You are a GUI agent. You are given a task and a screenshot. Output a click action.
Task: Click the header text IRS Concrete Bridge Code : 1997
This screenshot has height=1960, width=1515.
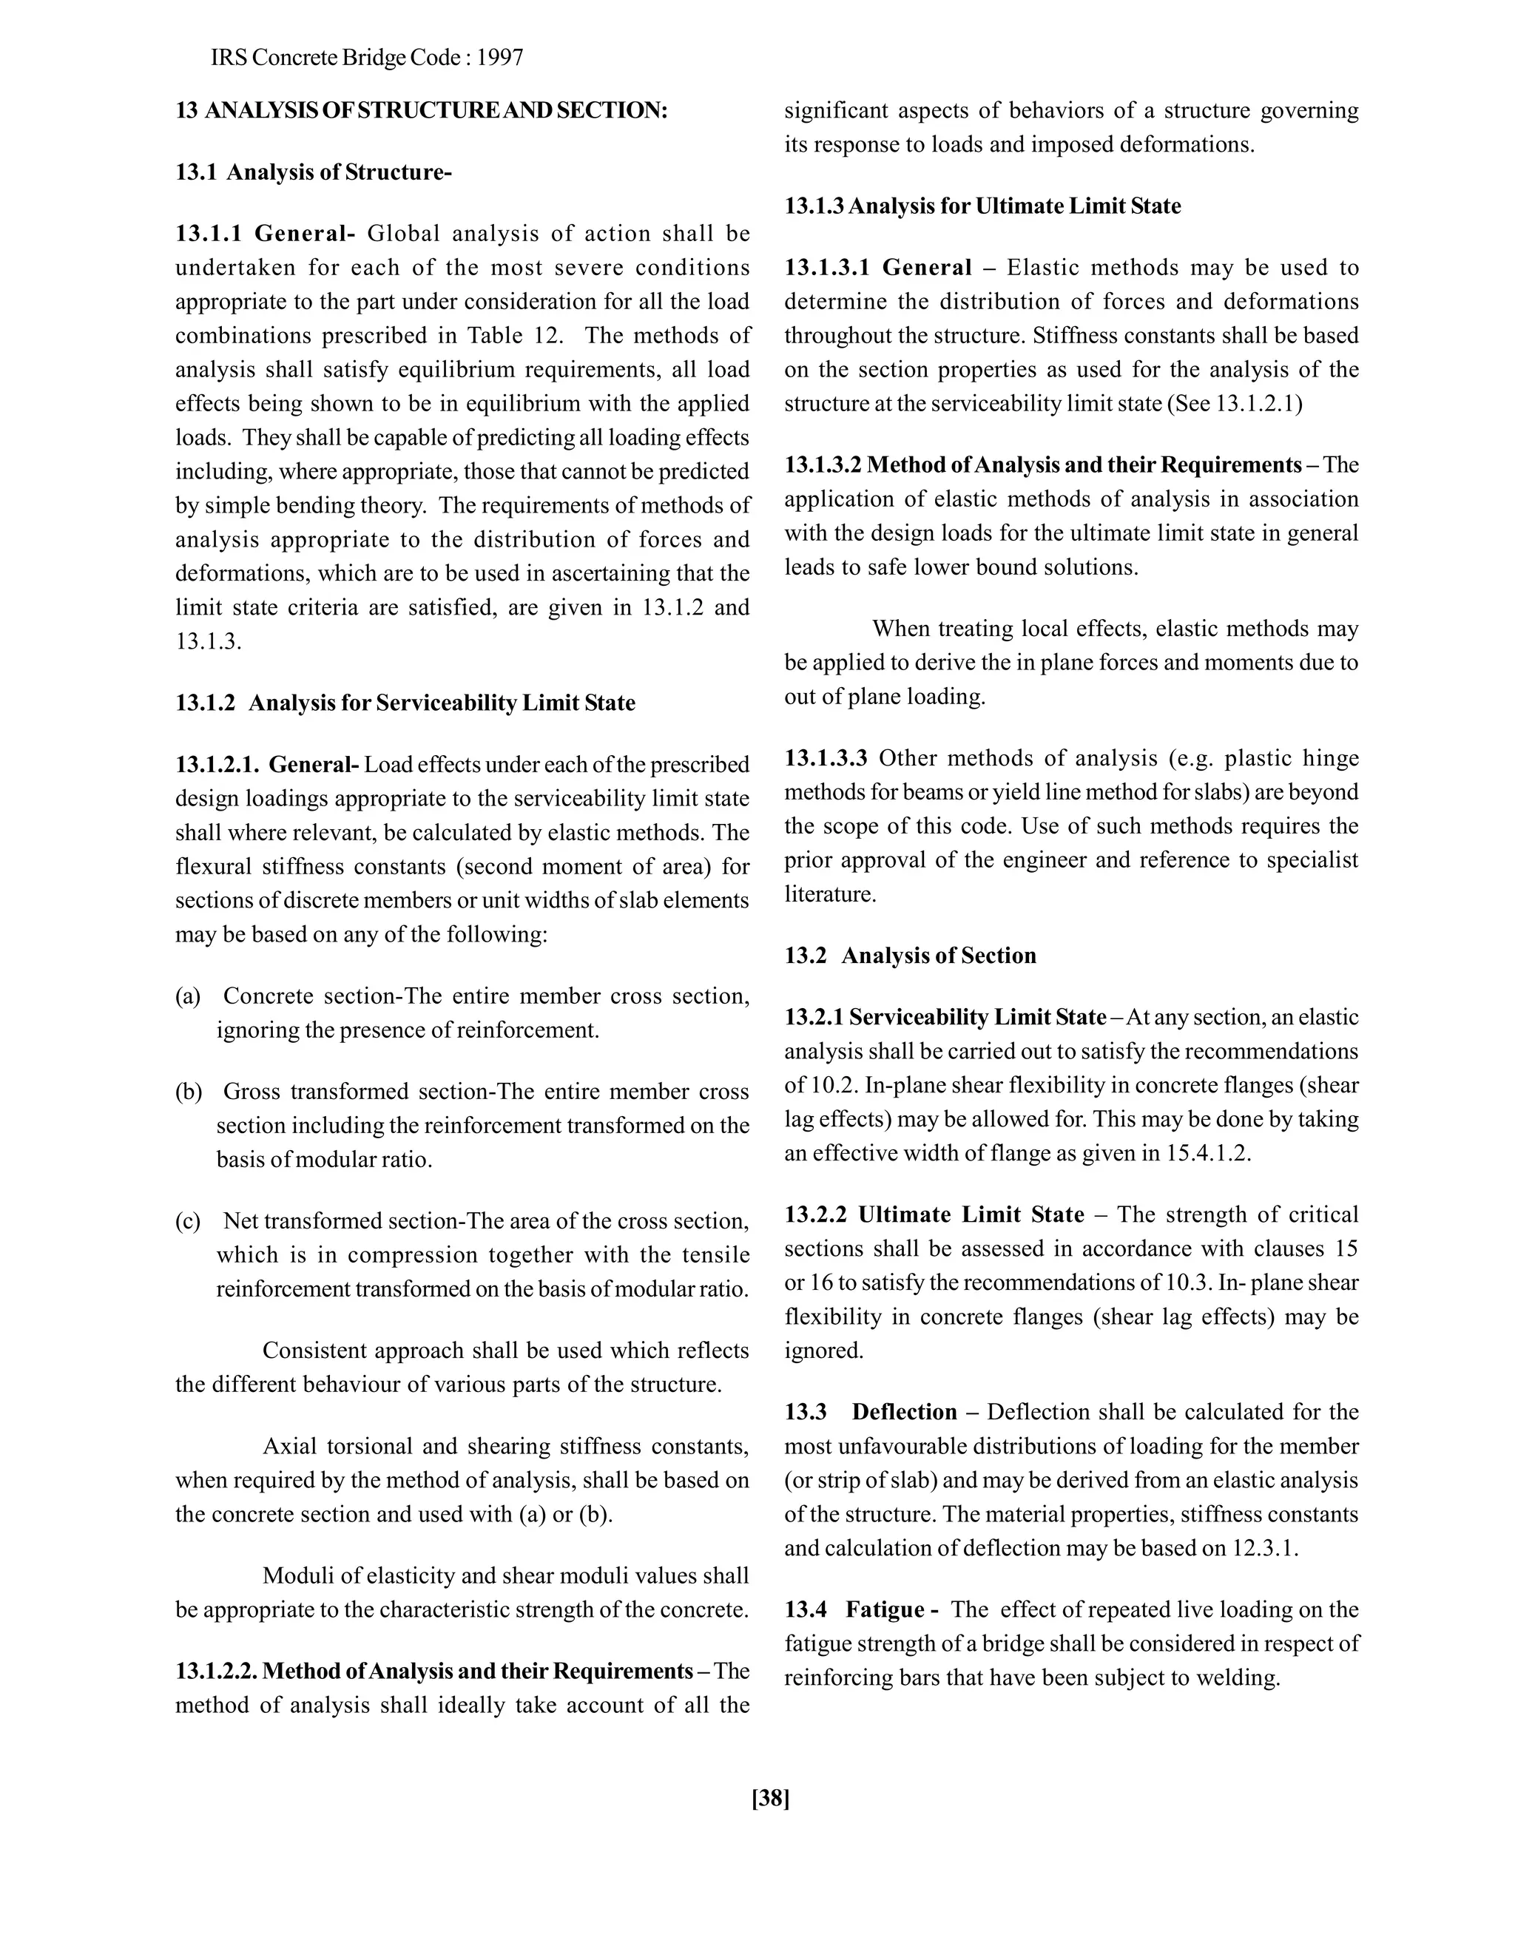(367, 58)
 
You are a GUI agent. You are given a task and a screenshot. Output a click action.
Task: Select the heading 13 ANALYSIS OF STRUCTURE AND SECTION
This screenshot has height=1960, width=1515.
(421, 110)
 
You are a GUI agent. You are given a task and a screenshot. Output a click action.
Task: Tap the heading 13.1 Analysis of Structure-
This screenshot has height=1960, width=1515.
(313, 172)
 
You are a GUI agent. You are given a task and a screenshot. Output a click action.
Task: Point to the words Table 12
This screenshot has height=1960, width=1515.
(513, 336)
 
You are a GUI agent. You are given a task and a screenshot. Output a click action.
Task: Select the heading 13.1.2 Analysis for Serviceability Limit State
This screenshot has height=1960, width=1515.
(405, 703)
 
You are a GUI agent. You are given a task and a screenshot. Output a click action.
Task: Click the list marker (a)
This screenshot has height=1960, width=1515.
(188, 996)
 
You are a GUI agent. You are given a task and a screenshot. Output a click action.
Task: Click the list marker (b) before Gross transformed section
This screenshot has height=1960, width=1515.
(189, 1092)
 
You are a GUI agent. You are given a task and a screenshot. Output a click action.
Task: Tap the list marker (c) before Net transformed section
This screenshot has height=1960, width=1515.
(188, 1221)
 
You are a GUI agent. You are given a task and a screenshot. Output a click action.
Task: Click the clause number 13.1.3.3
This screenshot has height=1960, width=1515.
(826, 758)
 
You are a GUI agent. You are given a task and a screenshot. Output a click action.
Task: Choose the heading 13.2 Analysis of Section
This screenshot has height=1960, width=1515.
(910, 956)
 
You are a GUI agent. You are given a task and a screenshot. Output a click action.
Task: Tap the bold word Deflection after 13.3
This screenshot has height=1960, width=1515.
(904, 1413)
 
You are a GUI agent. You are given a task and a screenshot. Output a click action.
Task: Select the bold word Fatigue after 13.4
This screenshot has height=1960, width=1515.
(885, 1610)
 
